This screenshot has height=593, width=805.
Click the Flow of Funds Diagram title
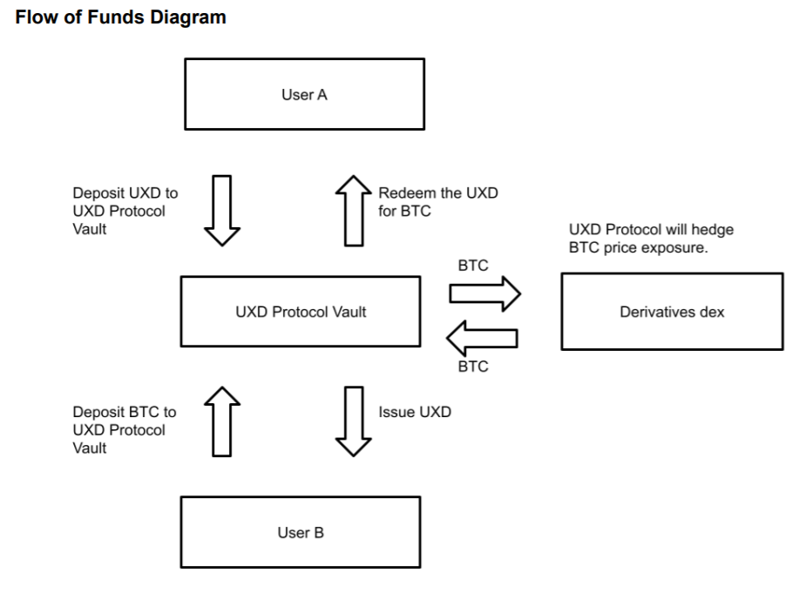point(121,18)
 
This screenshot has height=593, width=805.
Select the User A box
point(303,95)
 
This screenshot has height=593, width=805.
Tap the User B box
point(301,533)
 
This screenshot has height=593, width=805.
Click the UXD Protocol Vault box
point(301,313)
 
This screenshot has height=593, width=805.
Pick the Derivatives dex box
point(672,313)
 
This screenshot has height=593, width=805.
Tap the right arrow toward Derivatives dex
point(484,294)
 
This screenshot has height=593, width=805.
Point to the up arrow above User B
point(221,423)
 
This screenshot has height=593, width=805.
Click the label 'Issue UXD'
point(415,413)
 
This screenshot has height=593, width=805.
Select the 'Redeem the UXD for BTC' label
point(437,201)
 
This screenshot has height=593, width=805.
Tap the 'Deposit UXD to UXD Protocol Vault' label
point(118,211)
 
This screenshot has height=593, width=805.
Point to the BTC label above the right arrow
point(472,266)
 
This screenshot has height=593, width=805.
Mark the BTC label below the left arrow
point(472,367)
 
